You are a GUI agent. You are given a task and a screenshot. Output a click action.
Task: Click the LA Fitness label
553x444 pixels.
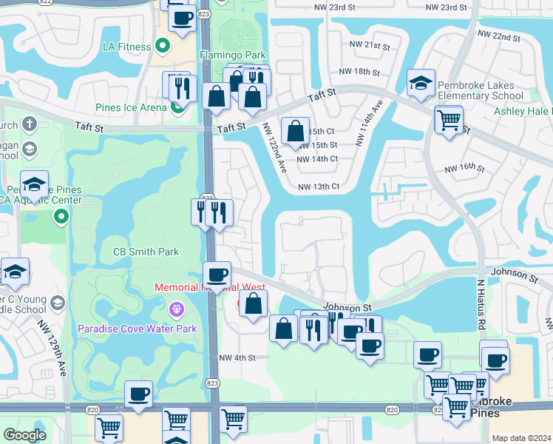[126, 47]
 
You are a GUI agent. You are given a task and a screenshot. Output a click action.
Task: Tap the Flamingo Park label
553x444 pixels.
[232, 55]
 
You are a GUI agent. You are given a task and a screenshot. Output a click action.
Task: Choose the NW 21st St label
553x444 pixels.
[370, 46]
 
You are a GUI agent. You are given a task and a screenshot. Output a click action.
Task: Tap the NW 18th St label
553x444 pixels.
[359, 73]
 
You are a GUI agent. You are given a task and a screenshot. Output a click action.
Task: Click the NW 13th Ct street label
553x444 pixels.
[318, 186]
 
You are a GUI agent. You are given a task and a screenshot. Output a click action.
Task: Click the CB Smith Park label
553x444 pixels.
[146, 252]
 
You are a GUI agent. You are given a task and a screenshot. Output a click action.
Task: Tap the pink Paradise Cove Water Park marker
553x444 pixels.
[176, 308]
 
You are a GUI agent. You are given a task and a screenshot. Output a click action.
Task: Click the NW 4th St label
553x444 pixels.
[237, 357]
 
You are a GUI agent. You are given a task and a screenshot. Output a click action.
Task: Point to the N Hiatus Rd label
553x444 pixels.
[480, 304]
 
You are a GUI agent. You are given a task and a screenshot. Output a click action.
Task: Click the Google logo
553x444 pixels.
[24, 435]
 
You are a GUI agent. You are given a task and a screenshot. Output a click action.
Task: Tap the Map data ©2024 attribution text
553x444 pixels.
[521, 438]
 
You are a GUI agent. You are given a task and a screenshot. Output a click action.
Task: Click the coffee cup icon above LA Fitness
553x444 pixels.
[182, 18]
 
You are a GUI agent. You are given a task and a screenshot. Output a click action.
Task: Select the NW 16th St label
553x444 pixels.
[464, 169]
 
